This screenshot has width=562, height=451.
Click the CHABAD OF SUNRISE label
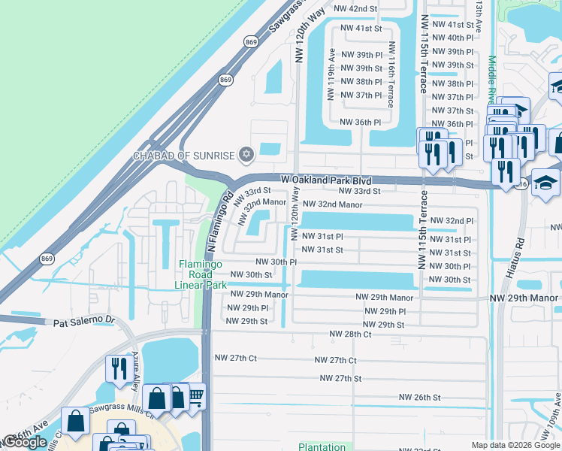pyautogui.click(x=184, y=156)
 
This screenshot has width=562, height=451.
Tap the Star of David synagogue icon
pyautogui.click(x=245, y=156)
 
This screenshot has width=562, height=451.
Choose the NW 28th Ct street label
pyautogui.click(x=350, y=334)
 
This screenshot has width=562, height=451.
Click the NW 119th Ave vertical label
pyautogui.click(x=331, y=74)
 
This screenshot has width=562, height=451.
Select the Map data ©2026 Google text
pyautogui.click(x=515, y=445)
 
